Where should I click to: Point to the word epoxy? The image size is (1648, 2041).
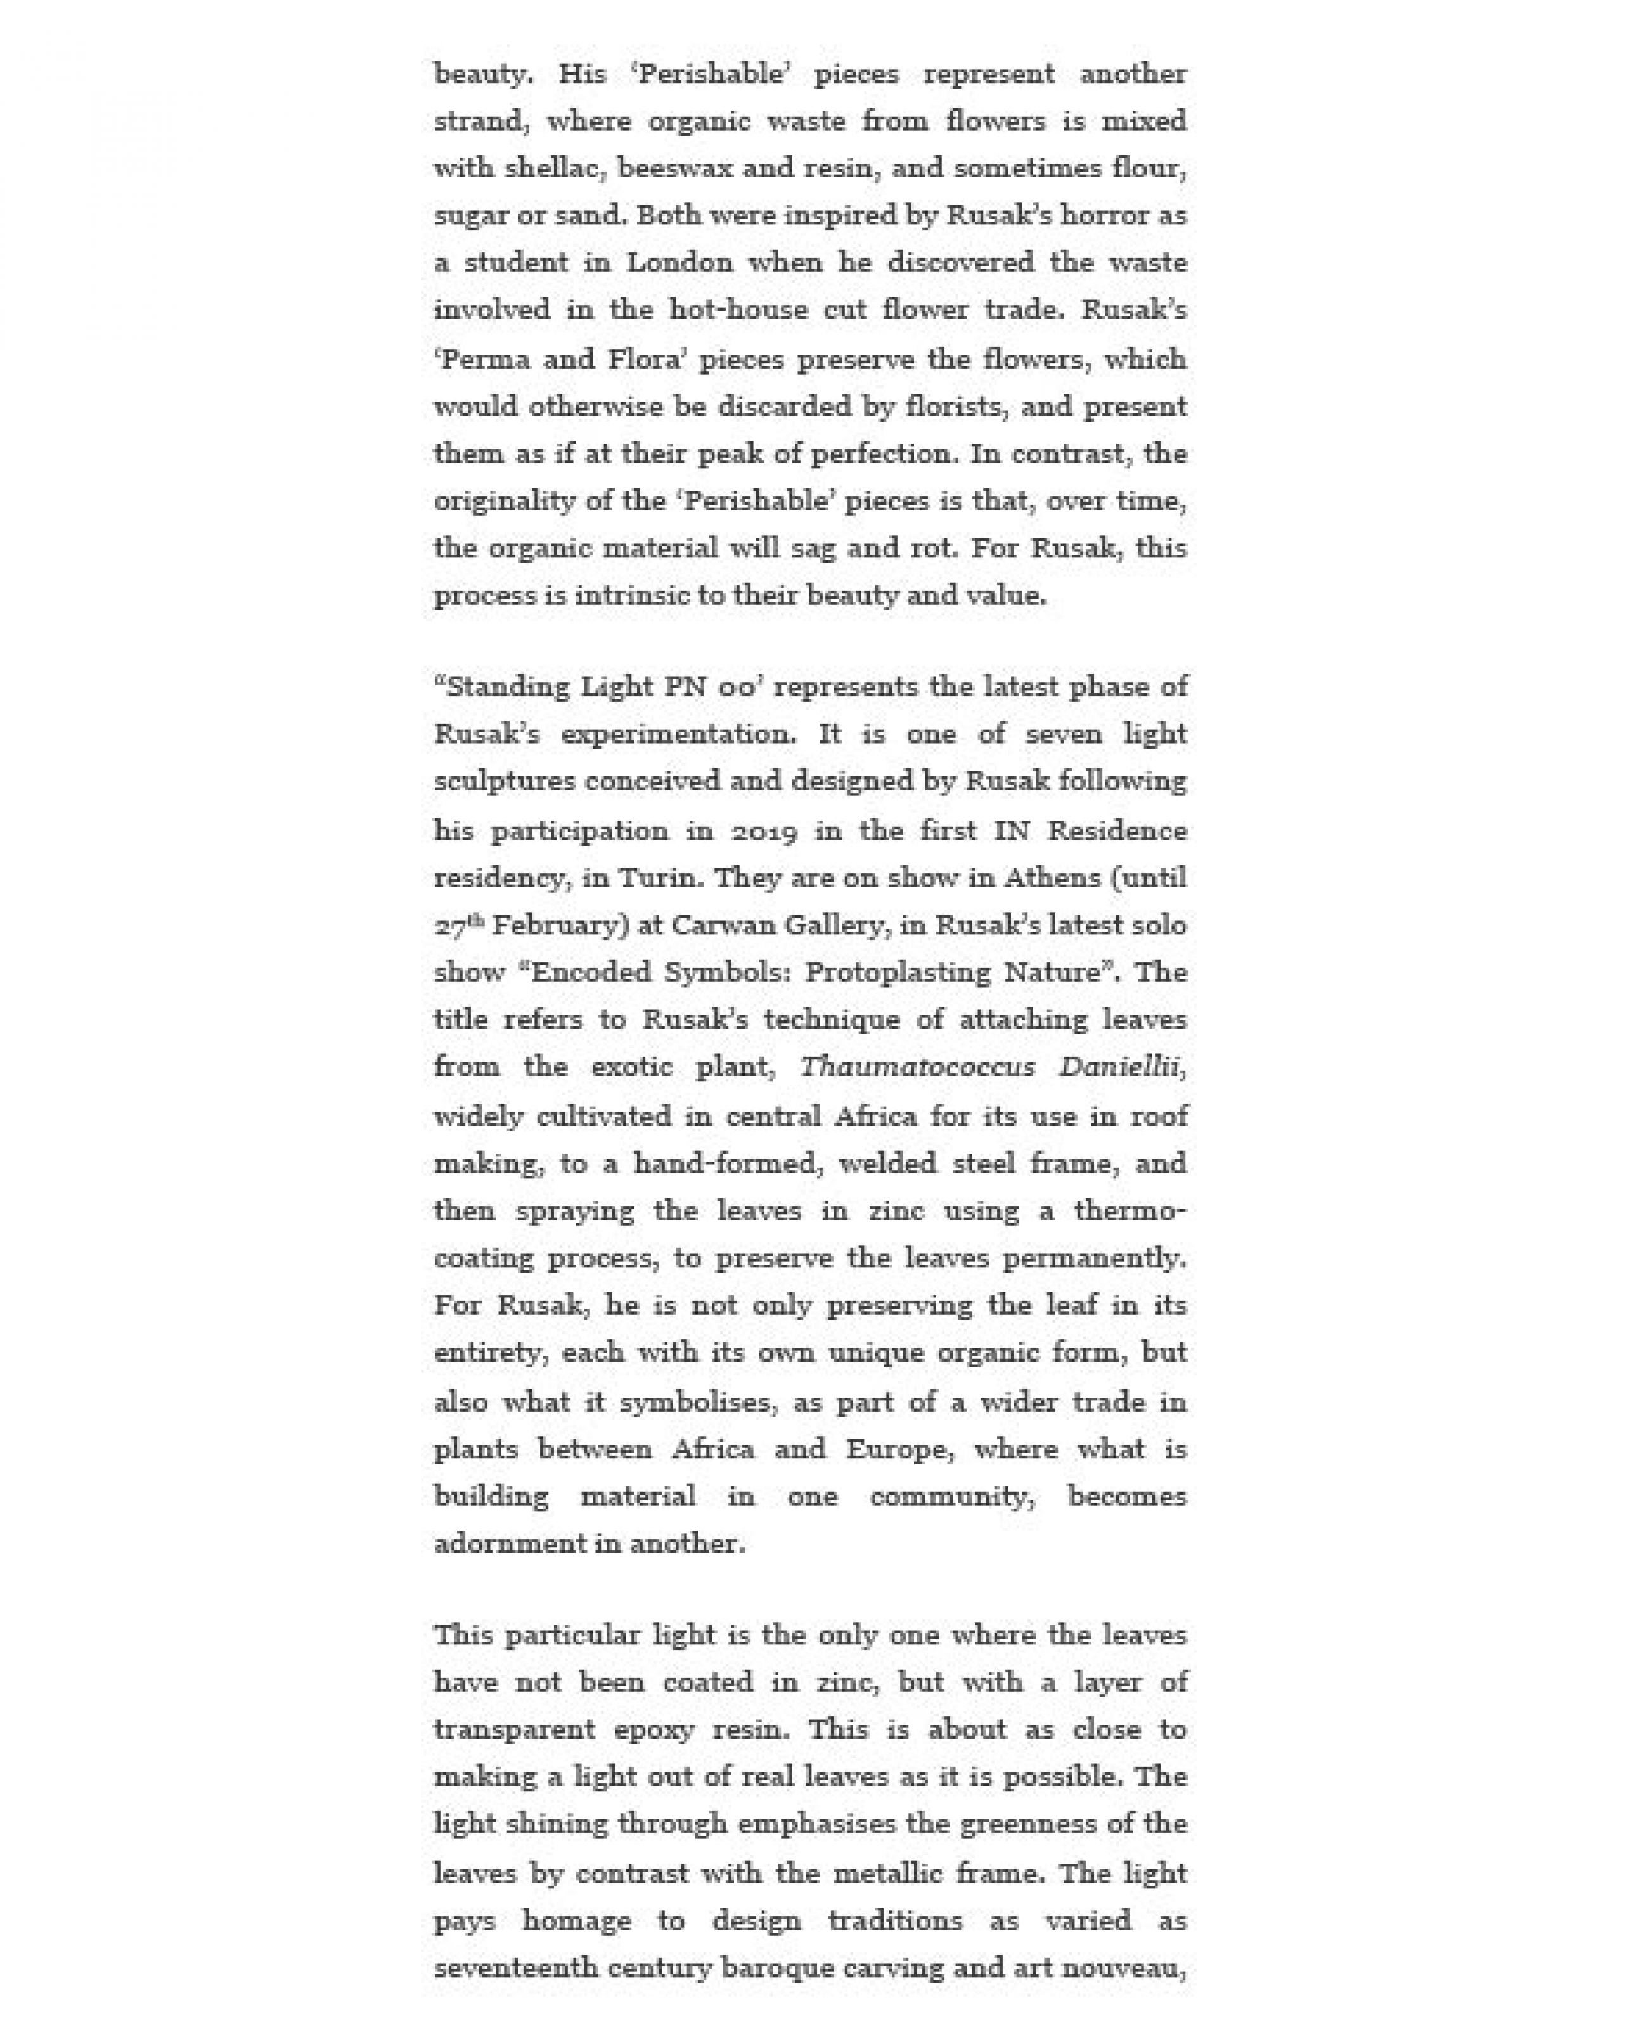click(x=653, y=1730)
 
